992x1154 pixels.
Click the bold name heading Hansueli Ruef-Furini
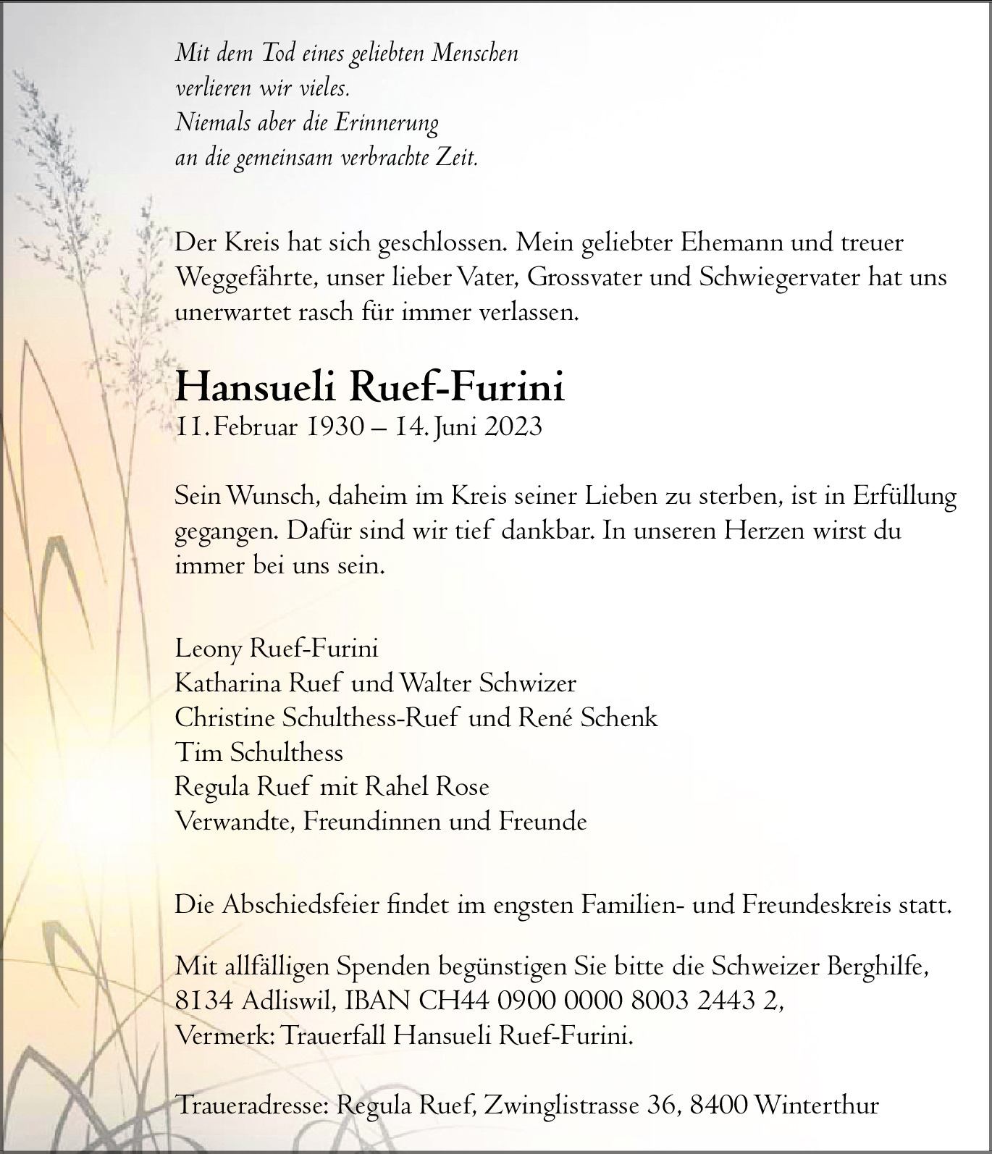(369, 389)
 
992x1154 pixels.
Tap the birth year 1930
(335, 427)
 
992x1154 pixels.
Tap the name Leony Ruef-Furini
(277, 649)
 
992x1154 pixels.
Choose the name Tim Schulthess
(259, 752)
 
